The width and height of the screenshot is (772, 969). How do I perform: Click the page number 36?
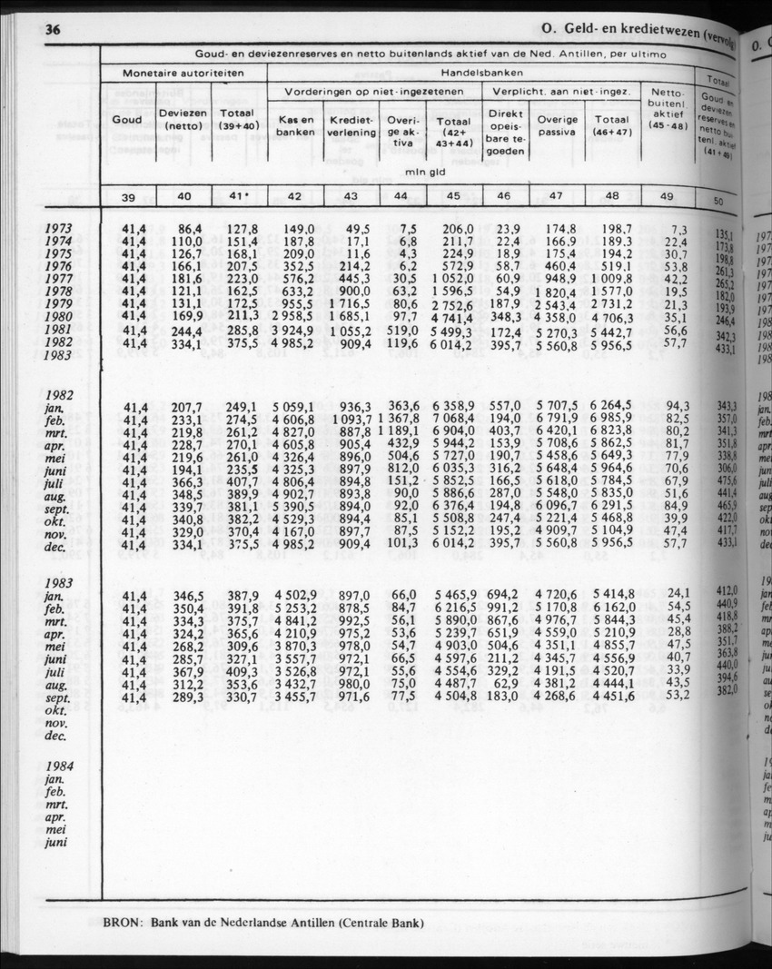point(52,31)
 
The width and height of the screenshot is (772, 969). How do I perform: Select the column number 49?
point(666,195)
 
